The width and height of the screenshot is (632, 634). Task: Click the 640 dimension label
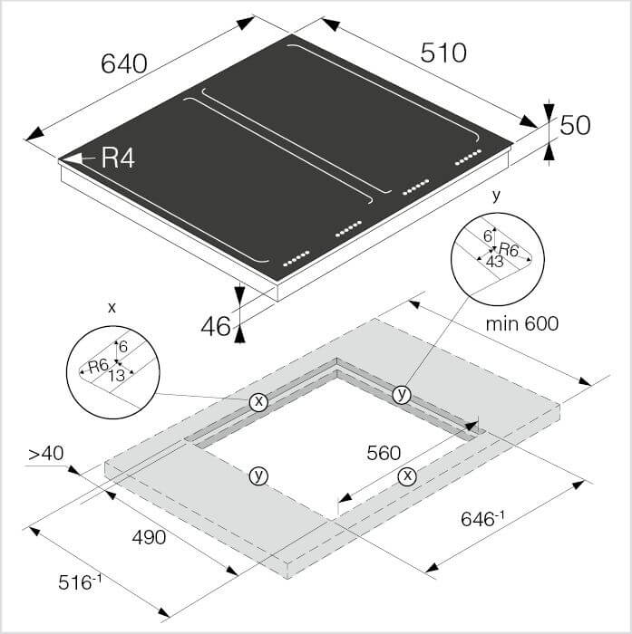[x=124, y=64]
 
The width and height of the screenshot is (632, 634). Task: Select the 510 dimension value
[x=443, y=53]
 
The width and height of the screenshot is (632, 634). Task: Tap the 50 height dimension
[x=575, y=125]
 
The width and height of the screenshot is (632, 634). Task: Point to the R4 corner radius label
[x=118, y=158]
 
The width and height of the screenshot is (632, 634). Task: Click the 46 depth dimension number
[x=216, y=326]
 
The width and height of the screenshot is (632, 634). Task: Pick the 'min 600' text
[x=522, y=323]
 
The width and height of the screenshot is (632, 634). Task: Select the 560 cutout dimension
[x=384, y=453]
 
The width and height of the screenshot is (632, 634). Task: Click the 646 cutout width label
[x=482, y=519]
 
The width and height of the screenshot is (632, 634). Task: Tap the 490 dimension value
[x=149, y=537]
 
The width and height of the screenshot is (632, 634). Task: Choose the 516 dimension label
[x=80, y=581]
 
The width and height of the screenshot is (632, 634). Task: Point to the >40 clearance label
[x=45, y=453]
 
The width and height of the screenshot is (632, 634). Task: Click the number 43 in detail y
[x=494, y=262]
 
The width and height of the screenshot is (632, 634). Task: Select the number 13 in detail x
[x=117, y=376]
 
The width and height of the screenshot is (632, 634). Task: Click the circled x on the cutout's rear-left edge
[x=258, y=401]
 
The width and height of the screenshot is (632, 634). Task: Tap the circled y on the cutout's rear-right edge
[x=401, y=395]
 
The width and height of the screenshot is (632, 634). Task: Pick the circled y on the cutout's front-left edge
[x=258, y=475]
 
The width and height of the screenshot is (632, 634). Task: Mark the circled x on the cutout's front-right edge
[x=407, y=475]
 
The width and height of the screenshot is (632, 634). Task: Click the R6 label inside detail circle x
[x=99, y=366]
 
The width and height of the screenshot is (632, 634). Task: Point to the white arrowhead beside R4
[x=73, y=158]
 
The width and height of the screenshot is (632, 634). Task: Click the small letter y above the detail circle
[x=496, y=197]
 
